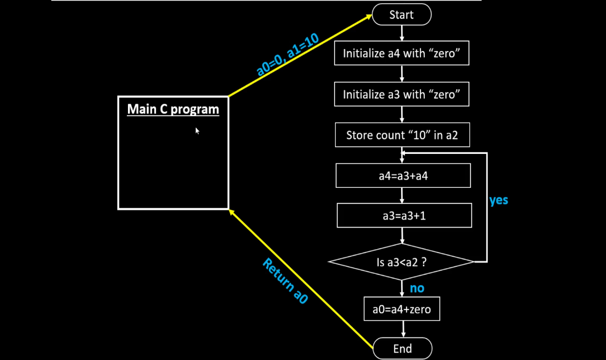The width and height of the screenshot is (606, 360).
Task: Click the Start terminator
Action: coord(402,15)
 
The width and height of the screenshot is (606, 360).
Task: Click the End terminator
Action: coord(402,348)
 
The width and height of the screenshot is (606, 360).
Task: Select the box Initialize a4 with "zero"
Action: coord(402,53)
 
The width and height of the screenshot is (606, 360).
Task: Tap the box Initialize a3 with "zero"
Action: coord(402,95)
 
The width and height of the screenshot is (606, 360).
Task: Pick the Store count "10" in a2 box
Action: coord(402,135)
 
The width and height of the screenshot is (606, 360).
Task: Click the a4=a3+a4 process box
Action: coord(403,176)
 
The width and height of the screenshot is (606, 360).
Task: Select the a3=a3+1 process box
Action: coord(404,216)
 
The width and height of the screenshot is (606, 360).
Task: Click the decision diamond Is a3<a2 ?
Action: coord(402,262)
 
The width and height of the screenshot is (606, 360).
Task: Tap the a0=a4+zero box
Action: coord(402,309)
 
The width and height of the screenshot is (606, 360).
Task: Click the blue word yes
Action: coord(499,200)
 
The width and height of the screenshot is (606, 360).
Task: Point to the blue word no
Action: coord(417,288)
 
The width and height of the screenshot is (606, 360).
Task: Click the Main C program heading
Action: coord(173,110)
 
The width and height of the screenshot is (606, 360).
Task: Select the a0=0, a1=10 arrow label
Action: coord(288,54)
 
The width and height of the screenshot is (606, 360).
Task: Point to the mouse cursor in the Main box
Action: coord(197,130)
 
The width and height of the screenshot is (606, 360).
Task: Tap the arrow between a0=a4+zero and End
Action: coord(402,329)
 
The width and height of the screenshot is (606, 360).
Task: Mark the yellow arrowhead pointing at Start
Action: coord(368,17)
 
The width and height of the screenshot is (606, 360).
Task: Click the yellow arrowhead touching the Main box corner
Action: coord(232,213)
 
